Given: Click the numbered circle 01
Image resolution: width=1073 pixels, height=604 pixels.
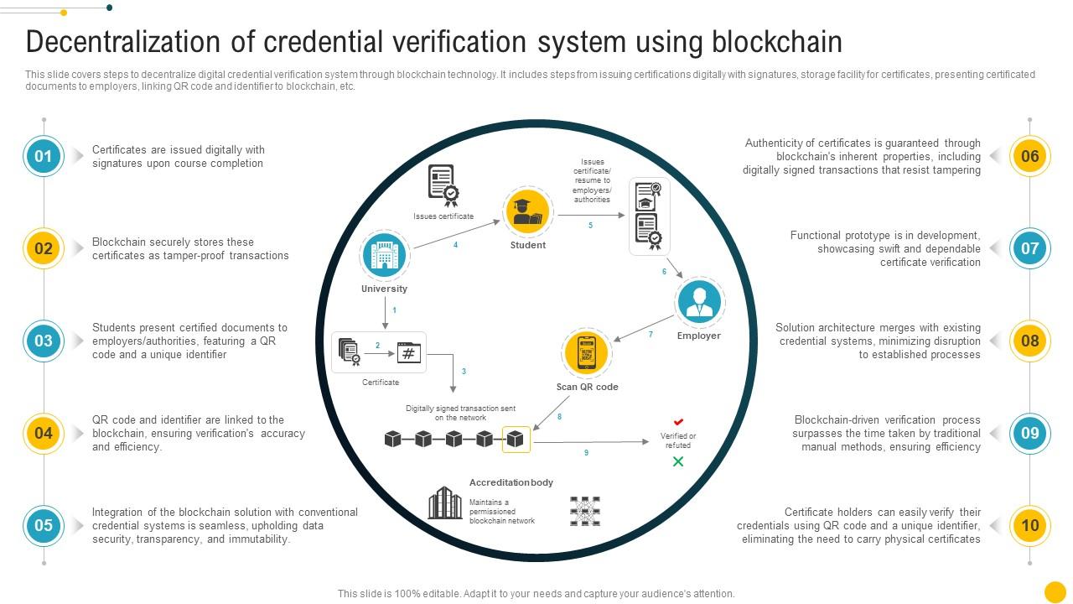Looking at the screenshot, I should click(43, 156).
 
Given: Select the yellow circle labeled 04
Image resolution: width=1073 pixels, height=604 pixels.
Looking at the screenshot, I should click(43, 433).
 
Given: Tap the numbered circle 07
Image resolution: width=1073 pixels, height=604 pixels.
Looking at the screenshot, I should click(1029, 248).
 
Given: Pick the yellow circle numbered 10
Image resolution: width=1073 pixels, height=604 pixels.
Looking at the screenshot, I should click(1029, 525).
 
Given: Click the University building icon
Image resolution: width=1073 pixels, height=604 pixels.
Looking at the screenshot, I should click(384, 256).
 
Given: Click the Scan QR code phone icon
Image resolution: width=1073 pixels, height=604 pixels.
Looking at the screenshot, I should click(587, 354).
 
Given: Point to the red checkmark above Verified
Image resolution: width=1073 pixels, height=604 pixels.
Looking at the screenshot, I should click(679, 422).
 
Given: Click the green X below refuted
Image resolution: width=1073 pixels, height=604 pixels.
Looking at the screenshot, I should click(678, 461).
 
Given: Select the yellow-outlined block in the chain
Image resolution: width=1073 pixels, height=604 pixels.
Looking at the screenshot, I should click(516, 439).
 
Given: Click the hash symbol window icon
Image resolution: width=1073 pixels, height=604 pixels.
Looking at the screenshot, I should click(408, 352).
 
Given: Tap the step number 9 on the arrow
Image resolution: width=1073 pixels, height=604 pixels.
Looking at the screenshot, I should click(586, 453).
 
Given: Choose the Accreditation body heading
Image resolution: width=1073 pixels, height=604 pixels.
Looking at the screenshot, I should click(511, 482).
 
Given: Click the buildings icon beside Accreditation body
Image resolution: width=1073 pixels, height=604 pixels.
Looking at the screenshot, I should click(445, 503).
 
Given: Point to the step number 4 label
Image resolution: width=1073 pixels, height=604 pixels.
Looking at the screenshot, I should click(455, 245).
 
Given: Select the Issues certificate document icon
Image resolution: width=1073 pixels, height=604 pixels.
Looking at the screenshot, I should click(442, 185).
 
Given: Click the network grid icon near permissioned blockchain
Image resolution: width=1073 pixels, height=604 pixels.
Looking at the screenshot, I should click(584, 511).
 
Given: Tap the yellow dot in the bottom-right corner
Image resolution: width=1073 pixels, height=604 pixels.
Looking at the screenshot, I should click(1055, 591).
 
